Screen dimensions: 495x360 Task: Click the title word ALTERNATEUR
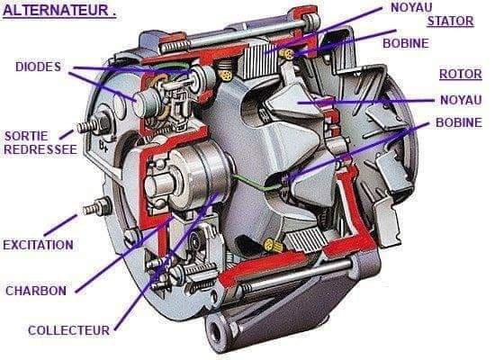tap(56, 10)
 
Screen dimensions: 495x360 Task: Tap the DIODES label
tap(38, 67)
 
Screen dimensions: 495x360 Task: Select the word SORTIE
tap(26, 136)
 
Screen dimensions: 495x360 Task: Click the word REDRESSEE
tap(40, 149)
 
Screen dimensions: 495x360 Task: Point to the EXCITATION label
tap(38, 245)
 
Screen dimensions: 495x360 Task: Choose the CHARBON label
tap(36, 291)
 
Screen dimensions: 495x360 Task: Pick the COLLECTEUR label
tap(68, 330)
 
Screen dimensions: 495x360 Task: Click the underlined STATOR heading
tap(451, 22)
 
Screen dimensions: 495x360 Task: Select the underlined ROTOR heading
tap(461, 74)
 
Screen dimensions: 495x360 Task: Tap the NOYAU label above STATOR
tap(411, 7)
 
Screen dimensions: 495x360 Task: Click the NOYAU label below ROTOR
tap(461, 101)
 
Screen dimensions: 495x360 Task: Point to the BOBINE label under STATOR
tap(406, 43)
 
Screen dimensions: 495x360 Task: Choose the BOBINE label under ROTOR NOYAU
tap(459, 122)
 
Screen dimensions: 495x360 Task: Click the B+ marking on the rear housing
tap(103, 145)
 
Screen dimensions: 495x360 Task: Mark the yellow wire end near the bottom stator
tap(273, 245)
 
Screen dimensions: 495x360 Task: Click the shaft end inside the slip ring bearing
tap(156, 185)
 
